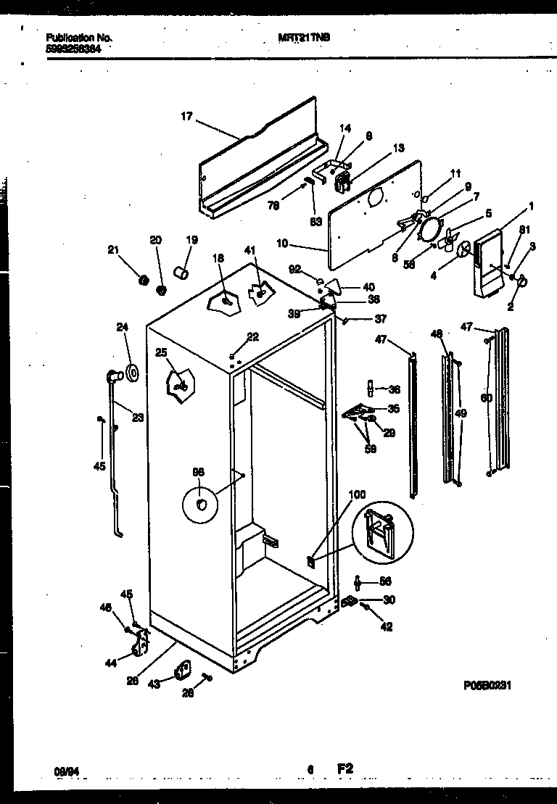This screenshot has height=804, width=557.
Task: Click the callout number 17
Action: tap(186, 116)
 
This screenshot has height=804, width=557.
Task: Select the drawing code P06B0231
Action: tap(491, 684)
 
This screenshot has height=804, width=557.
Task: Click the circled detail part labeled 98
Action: tap(202, 502)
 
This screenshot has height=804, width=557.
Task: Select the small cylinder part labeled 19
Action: tap(182, 273)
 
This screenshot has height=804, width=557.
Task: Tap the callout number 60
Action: tap(486, 397)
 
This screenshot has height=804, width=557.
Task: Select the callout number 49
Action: tap(461, 413)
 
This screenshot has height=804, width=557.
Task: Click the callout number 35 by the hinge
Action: tap(394, 409)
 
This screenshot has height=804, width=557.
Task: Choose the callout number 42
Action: tap(387, 627)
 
